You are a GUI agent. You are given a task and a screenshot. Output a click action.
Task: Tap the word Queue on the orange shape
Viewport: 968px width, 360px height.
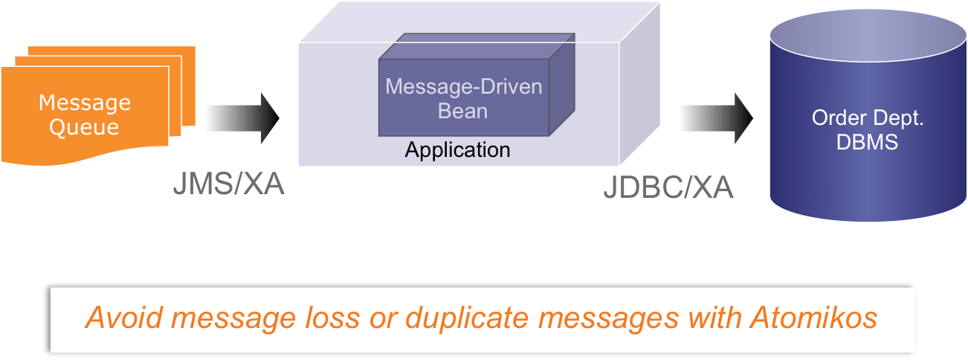[84, 128]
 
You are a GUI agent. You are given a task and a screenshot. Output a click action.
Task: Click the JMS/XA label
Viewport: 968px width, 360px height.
[228, 184]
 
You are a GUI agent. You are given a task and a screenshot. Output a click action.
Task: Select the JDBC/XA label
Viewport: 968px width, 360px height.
[668, 188]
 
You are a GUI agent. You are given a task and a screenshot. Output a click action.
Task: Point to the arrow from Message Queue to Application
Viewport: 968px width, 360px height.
[243, 118]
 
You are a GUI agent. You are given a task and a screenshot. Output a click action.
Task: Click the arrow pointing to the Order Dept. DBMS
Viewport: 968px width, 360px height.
[717, 118]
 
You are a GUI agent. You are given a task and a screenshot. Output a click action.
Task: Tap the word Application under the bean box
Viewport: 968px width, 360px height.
[458, 150]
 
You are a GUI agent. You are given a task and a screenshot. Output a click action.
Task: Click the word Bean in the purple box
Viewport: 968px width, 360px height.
[463, 111]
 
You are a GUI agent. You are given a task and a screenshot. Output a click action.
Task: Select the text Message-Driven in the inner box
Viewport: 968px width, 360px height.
[464, 86]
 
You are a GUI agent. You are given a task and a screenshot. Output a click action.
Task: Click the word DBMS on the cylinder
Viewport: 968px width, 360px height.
[867, 142]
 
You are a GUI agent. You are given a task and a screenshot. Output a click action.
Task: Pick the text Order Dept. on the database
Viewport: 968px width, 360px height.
[868, 118]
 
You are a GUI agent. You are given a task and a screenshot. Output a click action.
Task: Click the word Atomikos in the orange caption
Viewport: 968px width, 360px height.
[813, 318]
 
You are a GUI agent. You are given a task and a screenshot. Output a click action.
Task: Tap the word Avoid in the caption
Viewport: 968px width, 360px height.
[124, 318]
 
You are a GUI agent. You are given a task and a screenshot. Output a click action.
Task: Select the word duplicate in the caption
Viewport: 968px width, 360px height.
[467, 319]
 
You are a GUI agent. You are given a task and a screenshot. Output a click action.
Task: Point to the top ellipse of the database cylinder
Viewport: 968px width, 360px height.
[868, 36]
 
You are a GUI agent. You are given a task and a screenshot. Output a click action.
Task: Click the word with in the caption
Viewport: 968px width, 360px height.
[714, 318]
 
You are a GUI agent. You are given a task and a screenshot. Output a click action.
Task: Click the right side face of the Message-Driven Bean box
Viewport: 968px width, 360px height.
[562, 85]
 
